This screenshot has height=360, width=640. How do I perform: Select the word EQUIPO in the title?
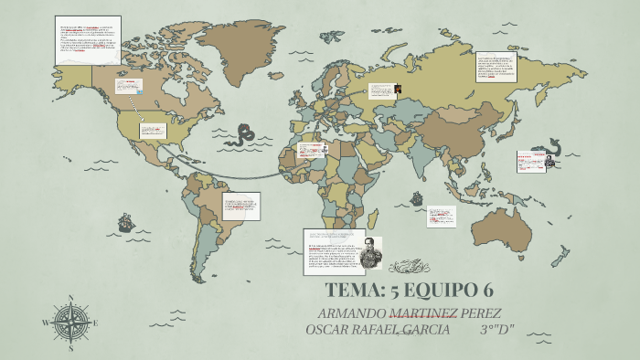[443, 291]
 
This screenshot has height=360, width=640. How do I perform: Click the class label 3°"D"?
[497, 329]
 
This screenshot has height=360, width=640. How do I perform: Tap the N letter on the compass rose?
[71, 298]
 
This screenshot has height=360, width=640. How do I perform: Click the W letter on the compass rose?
[46, 323]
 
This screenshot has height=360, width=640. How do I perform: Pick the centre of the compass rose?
[71, 323]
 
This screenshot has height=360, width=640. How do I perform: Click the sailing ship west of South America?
[124, 221]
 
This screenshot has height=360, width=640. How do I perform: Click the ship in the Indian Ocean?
[417, 197]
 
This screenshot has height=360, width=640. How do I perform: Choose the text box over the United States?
[153, 131]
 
